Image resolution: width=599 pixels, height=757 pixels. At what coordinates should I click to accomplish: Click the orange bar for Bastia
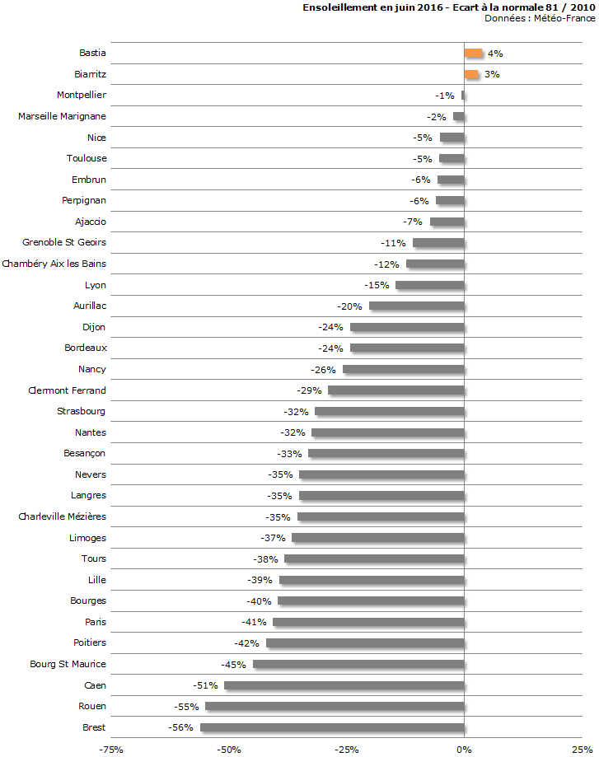pyautogui.click(x=473, y=54)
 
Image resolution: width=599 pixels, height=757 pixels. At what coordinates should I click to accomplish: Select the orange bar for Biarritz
pyautogui.click(x=470, y=74)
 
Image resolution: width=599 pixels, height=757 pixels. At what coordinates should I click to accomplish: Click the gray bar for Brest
pyautogui.click(x=332, y=727)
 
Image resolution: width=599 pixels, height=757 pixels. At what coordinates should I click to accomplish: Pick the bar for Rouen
pyautogui.click(x=335, y=706)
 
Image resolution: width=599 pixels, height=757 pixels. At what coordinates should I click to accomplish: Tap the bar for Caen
pyautogui.click(x=344, y=685)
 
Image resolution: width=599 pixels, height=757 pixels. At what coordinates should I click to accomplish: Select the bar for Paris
pyautogui.click(x=368, y=622)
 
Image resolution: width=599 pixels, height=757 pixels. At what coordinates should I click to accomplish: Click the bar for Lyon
pyautogui.click(x=429, y=285)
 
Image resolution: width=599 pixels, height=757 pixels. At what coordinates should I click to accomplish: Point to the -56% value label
pyautogui.click(x=180, y=727)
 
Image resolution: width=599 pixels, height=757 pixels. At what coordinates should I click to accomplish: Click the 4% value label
pyautogui.click(x=495, y=54)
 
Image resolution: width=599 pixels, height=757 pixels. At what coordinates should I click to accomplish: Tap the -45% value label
pyautogui.click(x=234, y=664)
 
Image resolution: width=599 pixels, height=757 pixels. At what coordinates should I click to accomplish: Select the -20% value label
pyautogui.click(x=350, y=306)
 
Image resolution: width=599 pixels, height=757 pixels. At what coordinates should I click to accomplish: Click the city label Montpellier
pyautogui.click(x=82, y=96)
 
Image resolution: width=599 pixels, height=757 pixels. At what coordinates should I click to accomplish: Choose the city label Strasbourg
pyautogui.click(x=82, y=411)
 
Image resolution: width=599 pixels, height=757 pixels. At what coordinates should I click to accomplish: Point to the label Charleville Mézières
pyautogui.click(x=62, y=516)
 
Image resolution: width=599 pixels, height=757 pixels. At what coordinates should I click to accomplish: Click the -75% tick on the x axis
pyautogui.click(x=111, y=750)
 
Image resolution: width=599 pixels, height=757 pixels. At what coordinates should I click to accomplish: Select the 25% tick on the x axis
pyautogui.click(x=582, y=750)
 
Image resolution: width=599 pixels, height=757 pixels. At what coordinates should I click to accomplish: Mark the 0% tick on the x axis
pyautogui.click(x=465, y=750)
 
